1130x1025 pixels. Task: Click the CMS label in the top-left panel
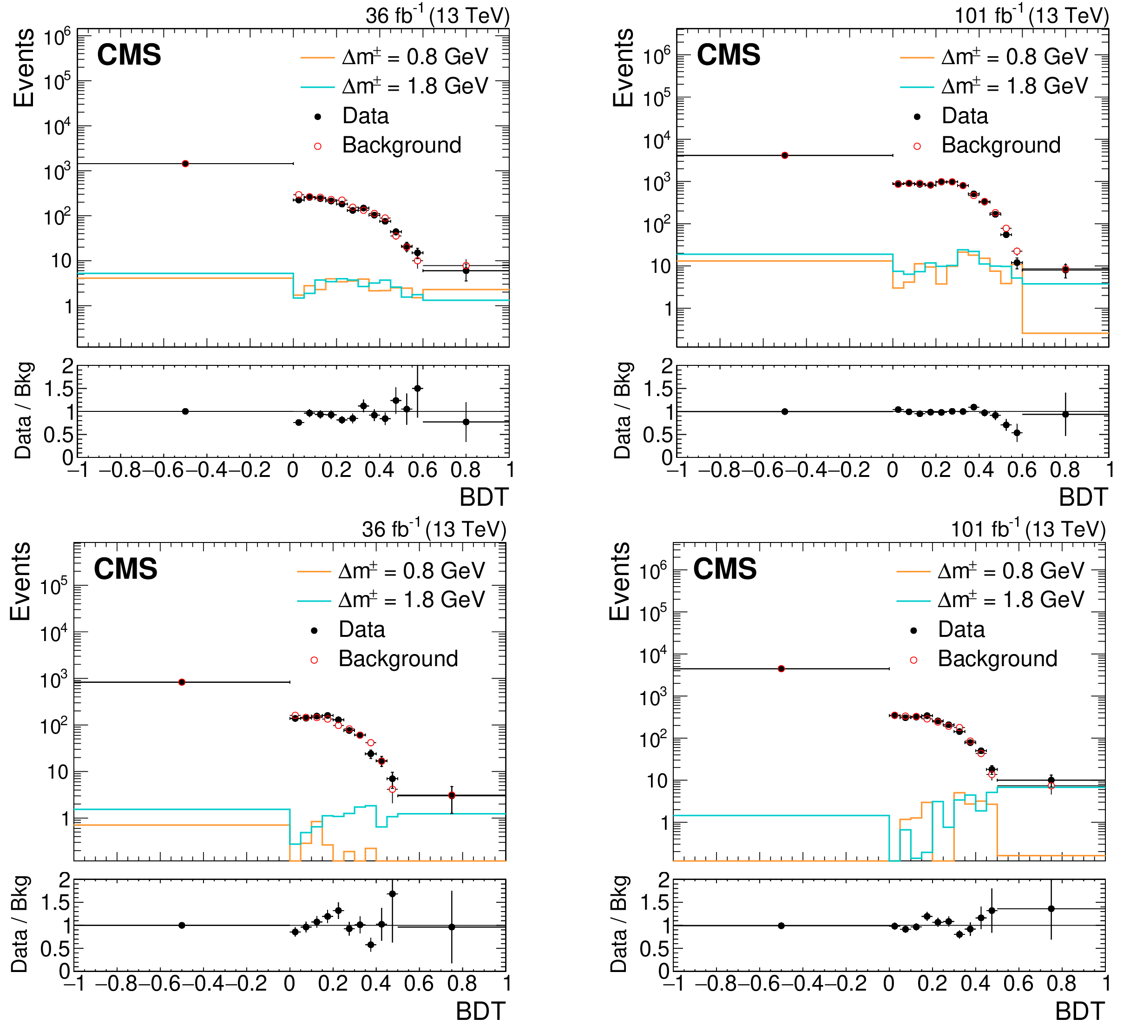pyautogui.click(x=129, y=55)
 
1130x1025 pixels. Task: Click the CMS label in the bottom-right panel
pyautogui.click(x=725, y=569)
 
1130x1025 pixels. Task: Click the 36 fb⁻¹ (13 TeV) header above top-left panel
pyautogui.click(x=437, y=15)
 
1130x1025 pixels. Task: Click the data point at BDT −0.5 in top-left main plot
pyautogui.click(x=185, y=164)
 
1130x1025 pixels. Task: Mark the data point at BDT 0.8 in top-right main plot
pyautogui.click(x=1065, y=269)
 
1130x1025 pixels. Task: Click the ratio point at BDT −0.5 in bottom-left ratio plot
pyautogui.click(x=182, y=925)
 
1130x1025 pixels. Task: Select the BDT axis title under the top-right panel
pyautogui.click(x=1083, y=497)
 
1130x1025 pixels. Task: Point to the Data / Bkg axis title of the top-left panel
pyautogui.click(x=24, y=410)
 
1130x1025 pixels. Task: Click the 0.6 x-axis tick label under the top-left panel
pyautogui.click(x=423, y=470)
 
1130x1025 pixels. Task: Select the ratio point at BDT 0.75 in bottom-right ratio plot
pyautogui.click(x=1051, y=909)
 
